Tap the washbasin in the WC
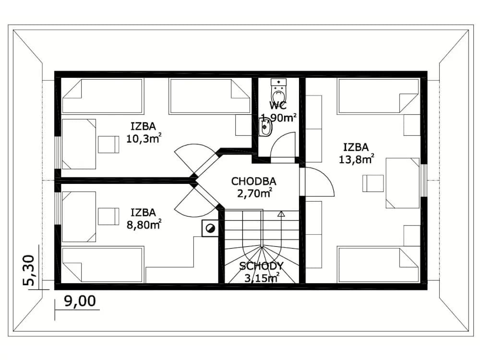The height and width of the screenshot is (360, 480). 265,127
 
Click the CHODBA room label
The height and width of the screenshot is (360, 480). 254,181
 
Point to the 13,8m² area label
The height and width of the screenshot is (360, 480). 356,159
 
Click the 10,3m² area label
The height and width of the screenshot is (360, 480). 144,138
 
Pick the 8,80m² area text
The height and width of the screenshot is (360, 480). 144,225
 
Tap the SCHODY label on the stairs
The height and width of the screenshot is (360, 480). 261,266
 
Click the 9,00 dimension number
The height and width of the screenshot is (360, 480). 80,301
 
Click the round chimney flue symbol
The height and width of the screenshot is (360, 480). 210,228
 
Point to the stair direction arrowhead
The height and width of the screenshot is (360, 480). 281,214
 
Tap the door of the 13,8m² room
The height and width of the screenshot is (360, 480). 320,181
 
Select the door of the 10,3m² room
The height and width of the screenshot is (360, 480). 196,159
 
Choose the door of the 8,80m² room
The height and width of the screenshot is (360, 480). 196,202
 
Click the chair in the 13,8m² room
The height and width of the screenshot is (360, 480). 373,183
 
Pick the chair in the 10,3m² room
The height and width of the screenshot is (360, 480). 108,144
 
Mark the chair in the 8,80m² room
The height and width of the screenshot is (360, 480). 108,216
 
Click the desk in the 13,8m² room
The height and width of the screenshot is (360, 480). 402,183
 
